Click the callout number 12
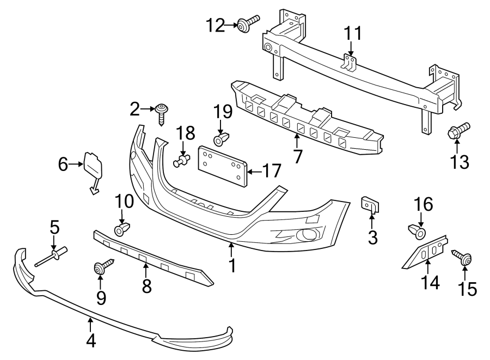click(215, 25)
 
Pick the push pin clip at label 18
click(182, 160)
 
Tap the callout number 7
click(298, 156)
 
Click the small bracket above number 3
click(371, 204)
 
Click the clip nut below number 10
click(121, 229)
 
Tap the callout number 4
click(91, 340)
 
